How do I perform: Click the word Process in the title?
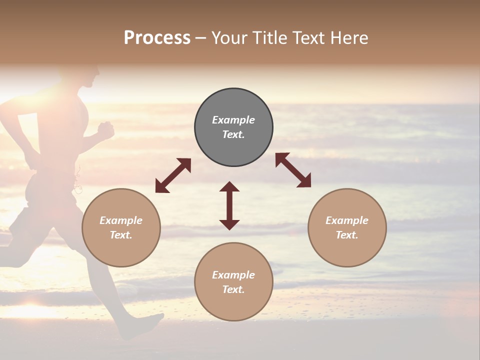[x=157, y=38]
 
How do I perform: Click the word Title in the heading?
[x=267, y=38]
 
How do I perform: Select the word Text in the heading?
[x=309, y=38]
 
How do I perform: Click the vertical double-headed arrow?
[x=229, y=205]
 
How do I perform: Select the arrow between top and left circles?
[x=173, y=175]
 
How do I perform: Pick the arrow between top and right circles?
[x=293, y=170]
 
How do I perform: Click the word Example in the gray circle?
[x=233, y=120]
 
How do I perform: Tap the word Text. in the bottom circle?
[x=233, y=289]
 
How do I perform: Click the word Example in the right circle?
[x=347, y=220]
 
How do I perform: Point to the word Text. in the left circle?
[x=121, y=235]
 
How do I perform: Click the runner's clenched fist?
[x=106, y=130]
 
